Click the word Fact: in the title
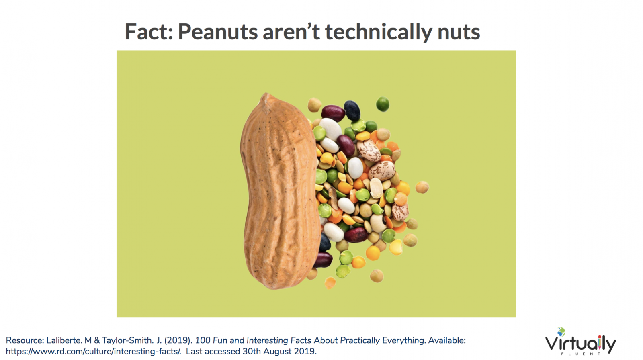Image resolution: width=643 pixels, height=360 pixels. (149, 31)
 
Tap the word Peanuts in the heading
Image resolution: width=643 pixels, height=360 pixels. (218, 32)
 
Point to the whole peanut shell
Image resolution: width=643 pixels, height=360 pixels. (280, 191)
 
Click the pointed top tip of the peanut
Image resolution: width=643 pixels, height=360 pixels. (266, 94)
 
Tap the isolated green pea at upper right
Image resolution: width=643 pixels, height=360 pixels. (383, 104)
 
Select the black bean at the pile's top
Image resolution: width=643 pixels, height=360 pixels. (352, 110)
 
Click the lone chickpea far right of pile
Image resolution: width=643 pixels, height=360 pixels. (422, 187)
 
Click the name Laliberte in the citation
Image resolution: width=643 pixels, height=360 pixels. (64, 340)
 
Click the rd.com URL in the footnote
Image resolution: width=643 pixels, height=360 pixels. (94, 352)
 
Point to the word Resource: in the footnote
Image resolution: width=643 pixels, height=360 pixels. (25, 340)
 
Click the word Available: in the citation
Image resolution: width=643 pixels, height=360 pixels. (447, 340)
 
